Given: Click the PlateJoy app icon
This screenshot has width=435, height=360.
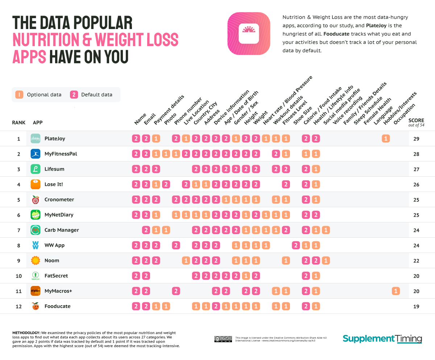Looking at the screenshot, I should tap(35, 139).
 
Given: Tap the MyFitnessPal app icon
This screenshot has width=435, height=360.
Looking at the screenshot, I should tap(35, 154).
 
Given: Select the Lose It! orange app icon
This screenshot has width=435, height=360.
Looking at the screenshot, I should tap(35, 184).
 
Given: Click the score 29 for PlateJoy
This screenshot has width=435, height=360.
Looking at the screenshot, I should tap(416, 139).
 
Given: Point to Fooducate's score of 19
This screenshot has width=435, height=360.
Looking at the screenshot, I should tap(416, 307).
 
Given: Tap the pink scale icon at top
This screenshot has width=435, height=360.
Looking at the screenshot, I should tap(249, 34).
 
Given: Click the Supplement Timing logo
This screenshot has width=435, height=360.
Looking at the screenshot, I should tap(382, 339).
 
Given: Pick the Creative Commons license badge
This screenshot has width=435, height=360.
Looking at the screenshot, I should tap(223, 339).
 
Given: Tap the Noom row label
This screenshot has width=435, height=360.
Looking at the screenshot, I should tap(51, 261).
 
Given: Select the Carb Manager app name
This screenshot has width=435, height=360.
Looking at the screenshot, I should tap(61, 230).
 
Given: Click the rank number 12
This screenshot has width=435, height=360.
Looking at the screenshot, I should tap(19, 306).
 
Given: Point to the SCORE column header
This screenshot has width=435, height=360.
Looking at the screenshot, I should tap(416, 121).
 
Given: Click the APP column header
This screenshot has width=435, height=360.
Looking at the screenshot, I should tap(37, 123).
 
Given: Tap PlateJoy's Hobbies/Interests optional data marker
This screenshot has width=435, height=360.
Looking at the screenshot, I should tap(386, 139).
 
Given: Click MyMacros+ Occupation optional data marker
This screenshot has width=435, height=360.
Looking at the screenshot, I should tap(395, 291).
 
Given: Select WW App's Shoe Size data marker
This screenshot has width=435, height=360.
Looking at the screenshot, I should tap(296, 245).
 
